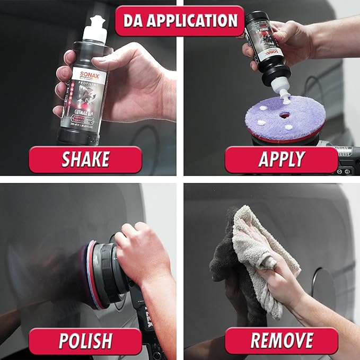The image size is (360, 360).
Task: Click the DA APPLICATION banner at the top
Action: (180, 21)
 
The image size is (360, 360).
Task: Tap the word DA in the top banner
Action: (135, 21)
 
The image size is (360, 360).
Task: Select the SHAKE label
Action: (85, 160)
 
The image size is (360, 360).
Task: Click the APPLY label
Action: (282, 160)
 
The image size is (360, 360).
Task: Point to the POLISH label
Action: (85, 341)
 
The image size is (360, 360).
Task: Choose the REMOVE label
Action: (282, 341)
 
